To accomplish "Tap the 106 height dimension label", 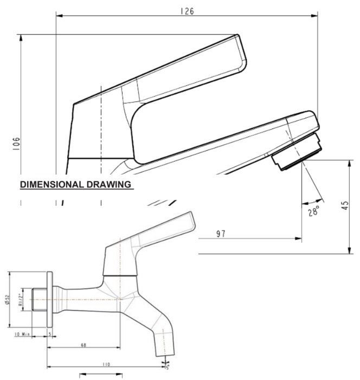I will (x=17, y=143).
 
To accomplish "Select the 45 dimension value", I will (x=345, y=207).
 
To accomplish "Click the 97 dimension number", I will (x=221, y=234).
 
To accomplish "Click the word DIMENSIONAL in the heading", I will (x=52, y=185).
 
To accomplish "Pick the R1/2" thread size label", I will (x=21, y=299).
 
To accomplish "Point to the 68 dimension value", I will (x=83, y=345).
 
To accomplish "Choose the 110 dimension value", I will (x=106, y=365).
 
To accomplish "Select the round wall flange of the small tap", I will (x=50, y=299).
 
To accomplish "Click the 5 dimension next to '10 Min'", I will (x=50, y=334).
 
